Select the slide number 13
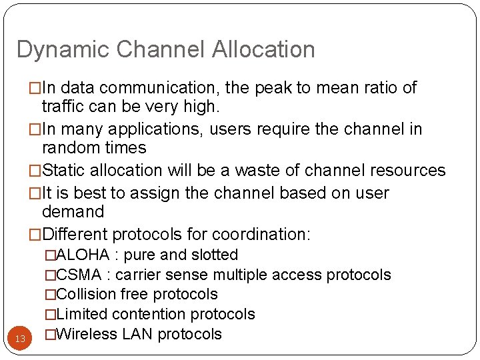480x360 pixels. [20, 339]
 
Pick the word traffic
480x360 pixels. [63, 105]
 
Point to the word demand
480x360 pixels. [73, 212]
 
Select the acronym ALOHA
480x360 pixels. [83, 255]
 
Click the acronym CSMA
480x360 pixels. [79, 275]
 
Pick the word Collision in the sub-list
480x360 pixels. [87, 295]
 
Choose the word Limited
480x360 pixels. [83, 315]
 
